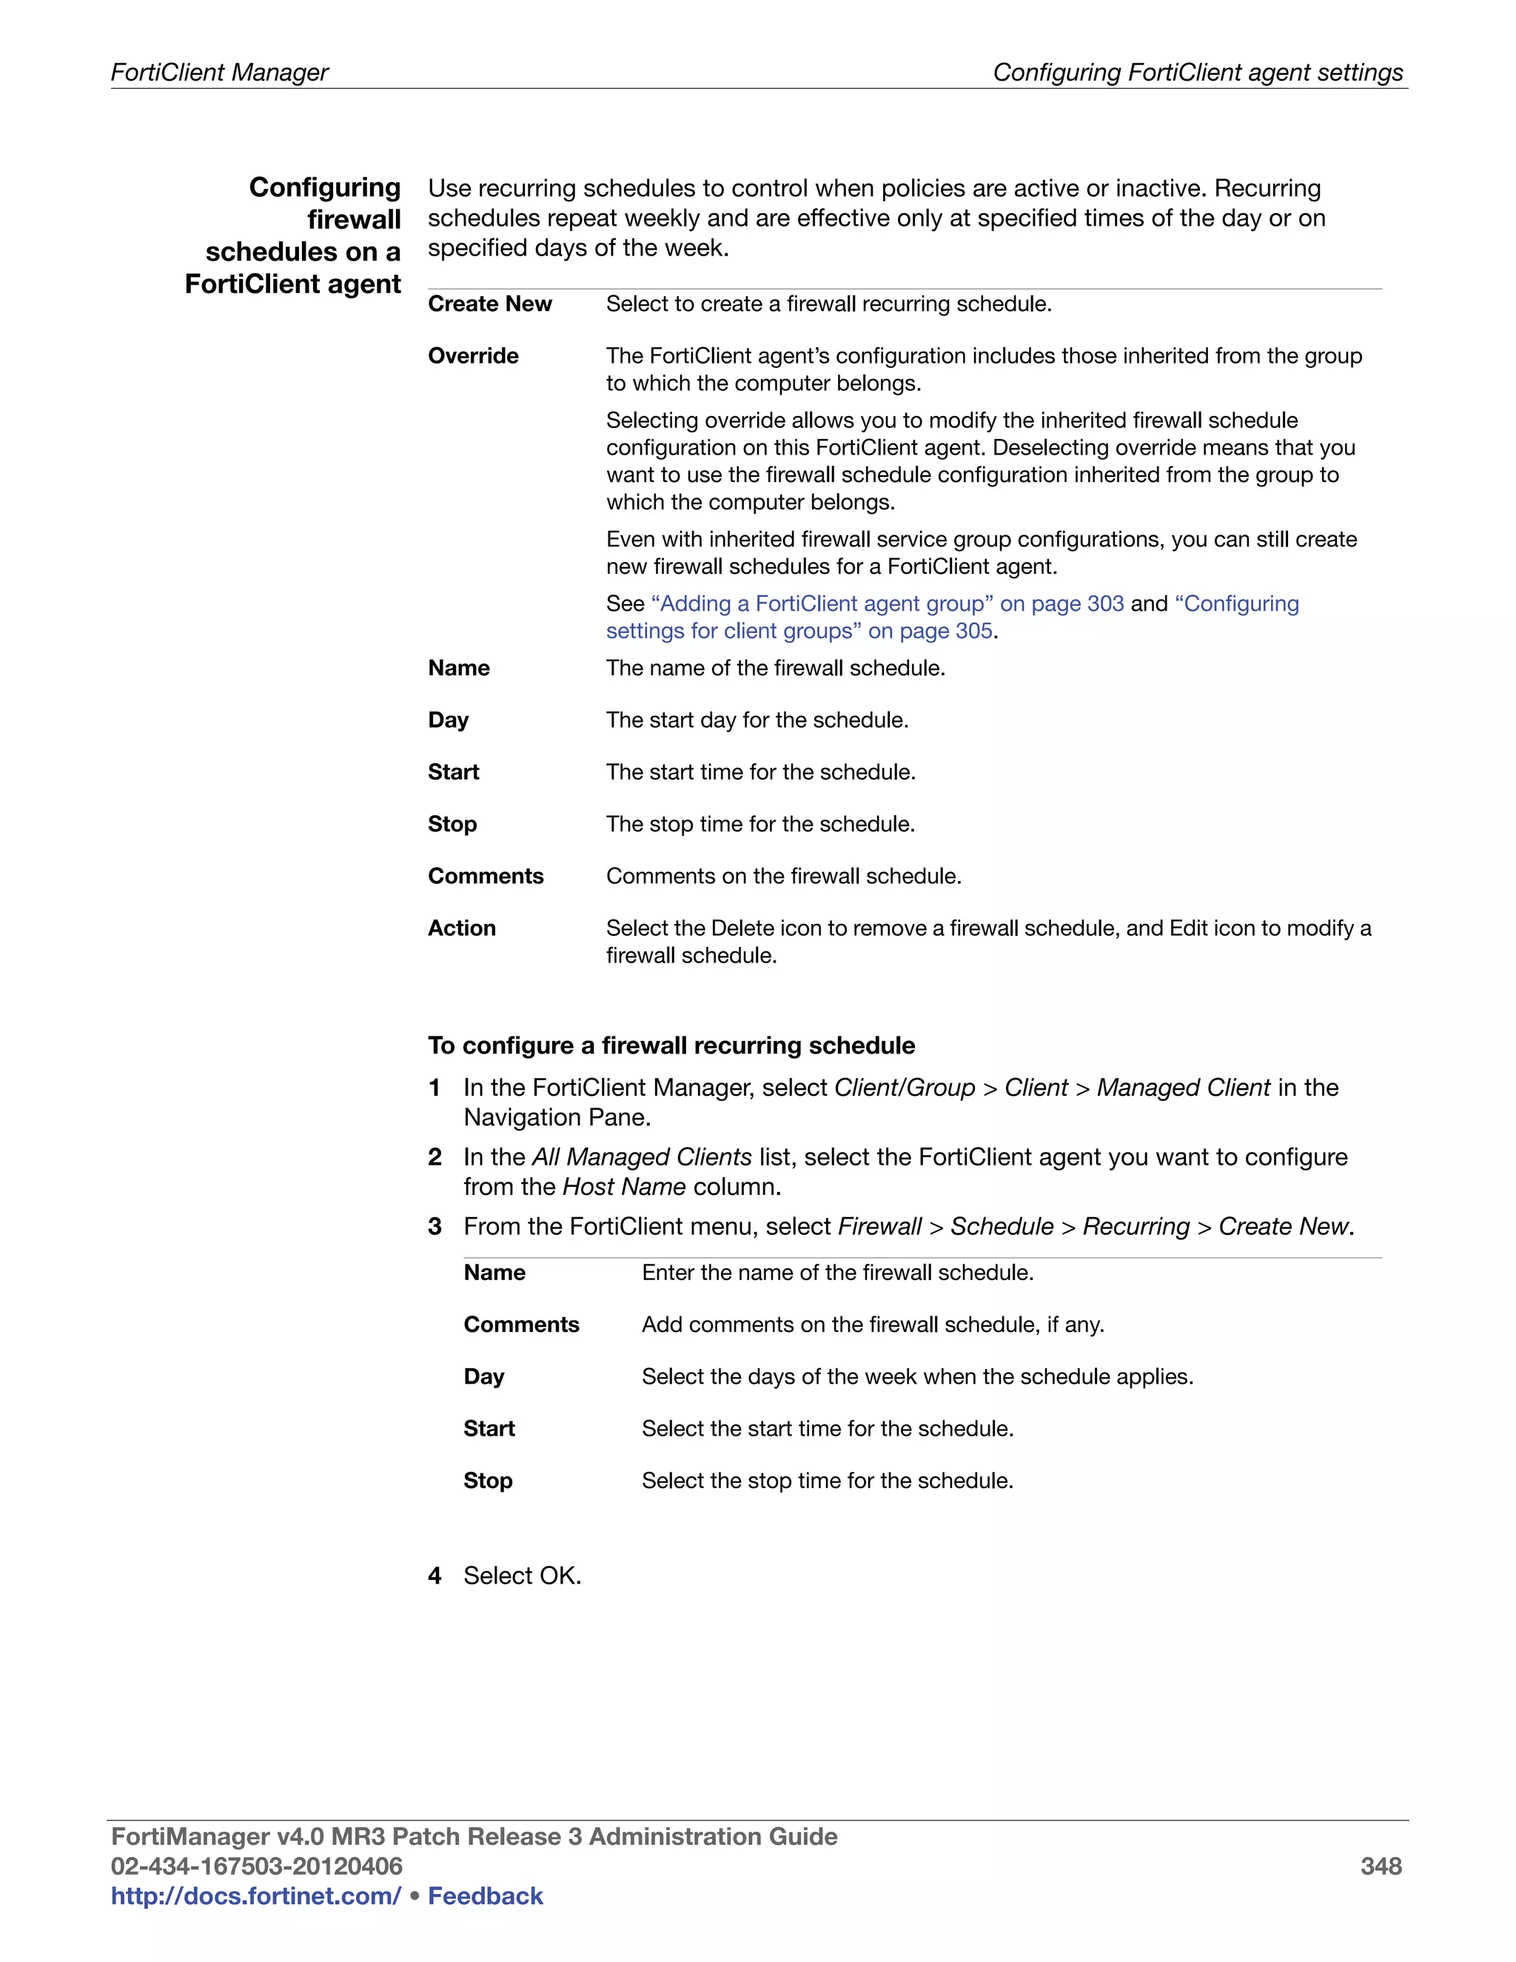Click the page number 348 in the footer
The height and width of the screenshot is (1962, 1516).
pos(1381,1866)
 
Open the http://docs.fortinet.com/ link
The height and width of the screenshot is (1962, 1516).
pos(255,1895)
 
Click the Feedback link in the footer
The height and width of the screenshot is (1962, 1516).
pos(485,1895)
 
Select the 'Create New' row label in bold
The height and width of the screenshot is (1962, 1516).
pos(489,304)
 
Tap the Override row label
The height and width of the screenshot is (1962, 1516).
pos(473,355)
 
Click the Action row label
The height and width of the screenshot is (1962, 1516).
pos(462,928)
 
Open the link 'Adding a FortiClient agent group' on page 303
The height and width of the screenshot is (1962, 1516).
pos(886,603)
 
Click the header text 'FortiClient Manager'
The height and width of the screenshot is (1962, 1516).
pos(219,72)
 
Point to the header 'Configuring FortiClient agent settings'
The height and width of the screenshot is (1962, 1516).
pos(1197,72)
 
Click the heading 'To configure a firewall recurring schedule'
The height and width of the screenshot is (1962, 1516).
pos(671,1045)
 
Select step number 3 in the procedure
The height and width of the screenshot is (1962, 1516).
pos(435,1226)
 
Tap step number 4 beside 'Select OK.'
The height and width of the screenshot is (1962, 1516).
pos(435,1576)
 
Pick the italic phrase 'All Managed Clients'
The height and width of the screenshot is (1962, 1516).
pos(641,1157)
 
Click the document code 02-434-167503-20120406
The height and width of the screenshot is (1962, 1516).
pos(256,1866)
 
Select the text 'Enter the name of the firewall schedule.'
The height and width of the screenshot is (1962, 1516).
pos(837,1272)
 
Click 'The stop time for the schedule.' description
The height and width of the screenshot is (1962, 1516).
pos(759,824)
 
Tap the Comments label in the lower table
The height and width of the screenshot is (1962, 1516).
pos(521,1325)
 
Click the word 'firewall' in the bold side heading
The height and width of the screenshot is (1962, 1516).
pos(354,219)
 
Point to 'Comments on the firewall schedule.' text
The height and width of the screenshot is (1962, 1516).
pos(783,876)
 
